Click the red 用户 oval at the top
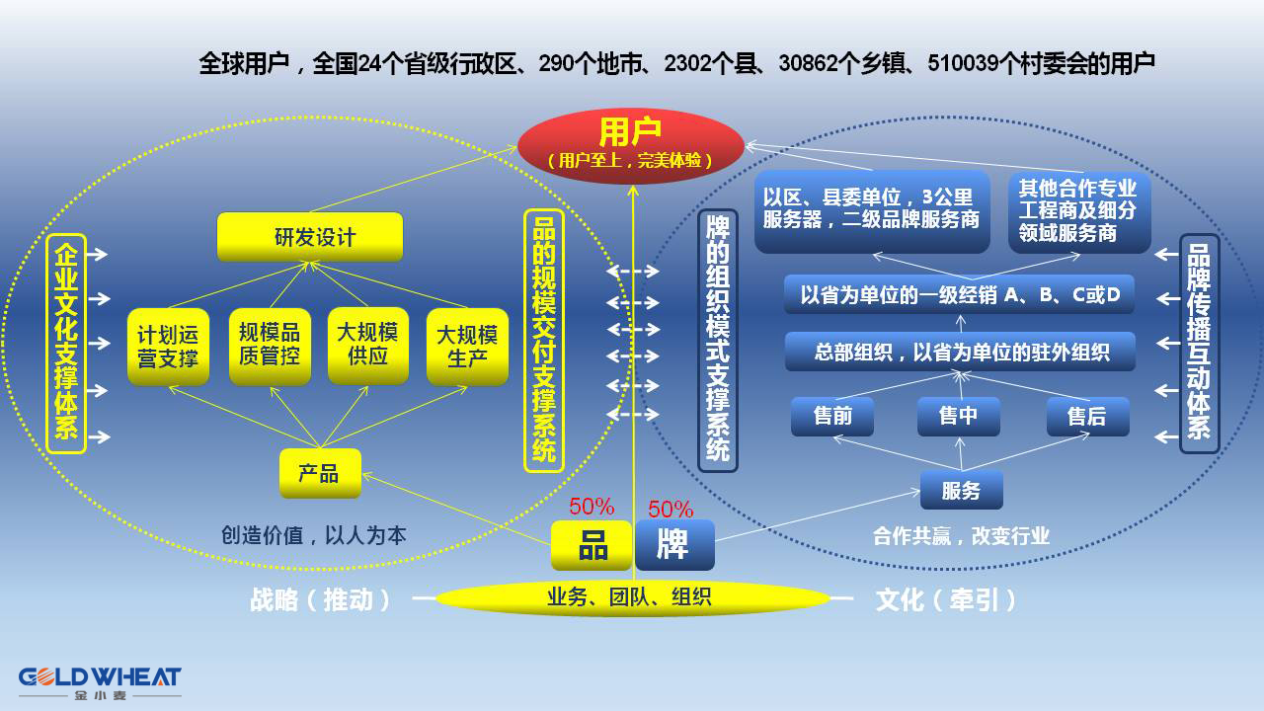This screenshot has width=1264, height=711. click(x=630, y=142)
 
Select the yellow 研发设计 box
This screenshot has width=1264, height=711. click(x=310, y=237)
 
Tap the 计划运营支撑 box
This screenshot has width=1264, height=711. click(x=168, y=347)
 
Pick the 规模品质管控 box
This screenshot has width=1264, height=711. click(x=270, y=346)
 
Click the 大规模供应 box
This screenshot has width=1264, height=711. click(x=367, y=346)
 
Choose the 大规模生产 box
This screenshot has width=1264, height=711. click(x=467, y=347)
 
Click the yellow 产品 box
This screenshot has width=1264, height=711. click(x=319, y=474)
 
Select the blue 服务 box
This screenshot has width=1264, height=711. click(x=961, y=490)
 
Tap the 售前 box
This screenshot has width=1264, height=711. click(x=832, y=417)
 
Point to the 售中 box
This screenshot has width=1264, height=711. click(x=958, y=417)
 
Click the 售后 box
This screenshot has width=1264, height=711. click(x=1087, y=417)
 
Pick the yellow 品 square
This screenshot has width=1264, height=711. click(x=592, y=545)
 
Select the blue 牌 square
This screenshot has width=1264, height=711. click(x=674, y=545)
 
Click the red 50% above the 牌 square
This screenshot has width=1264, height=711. click(x=671, y=510)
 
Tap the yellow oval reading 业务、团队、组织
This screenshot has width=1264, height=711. click(x=632, y=596)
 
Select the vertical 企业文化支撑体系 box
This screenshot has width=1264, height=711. click(x=66, y=343)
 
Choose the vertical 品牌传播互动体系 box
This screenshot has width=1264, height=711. click(x=1200, y=343)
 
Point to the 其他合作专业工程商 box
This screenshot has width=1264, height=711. click(x=1078, y=211)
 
